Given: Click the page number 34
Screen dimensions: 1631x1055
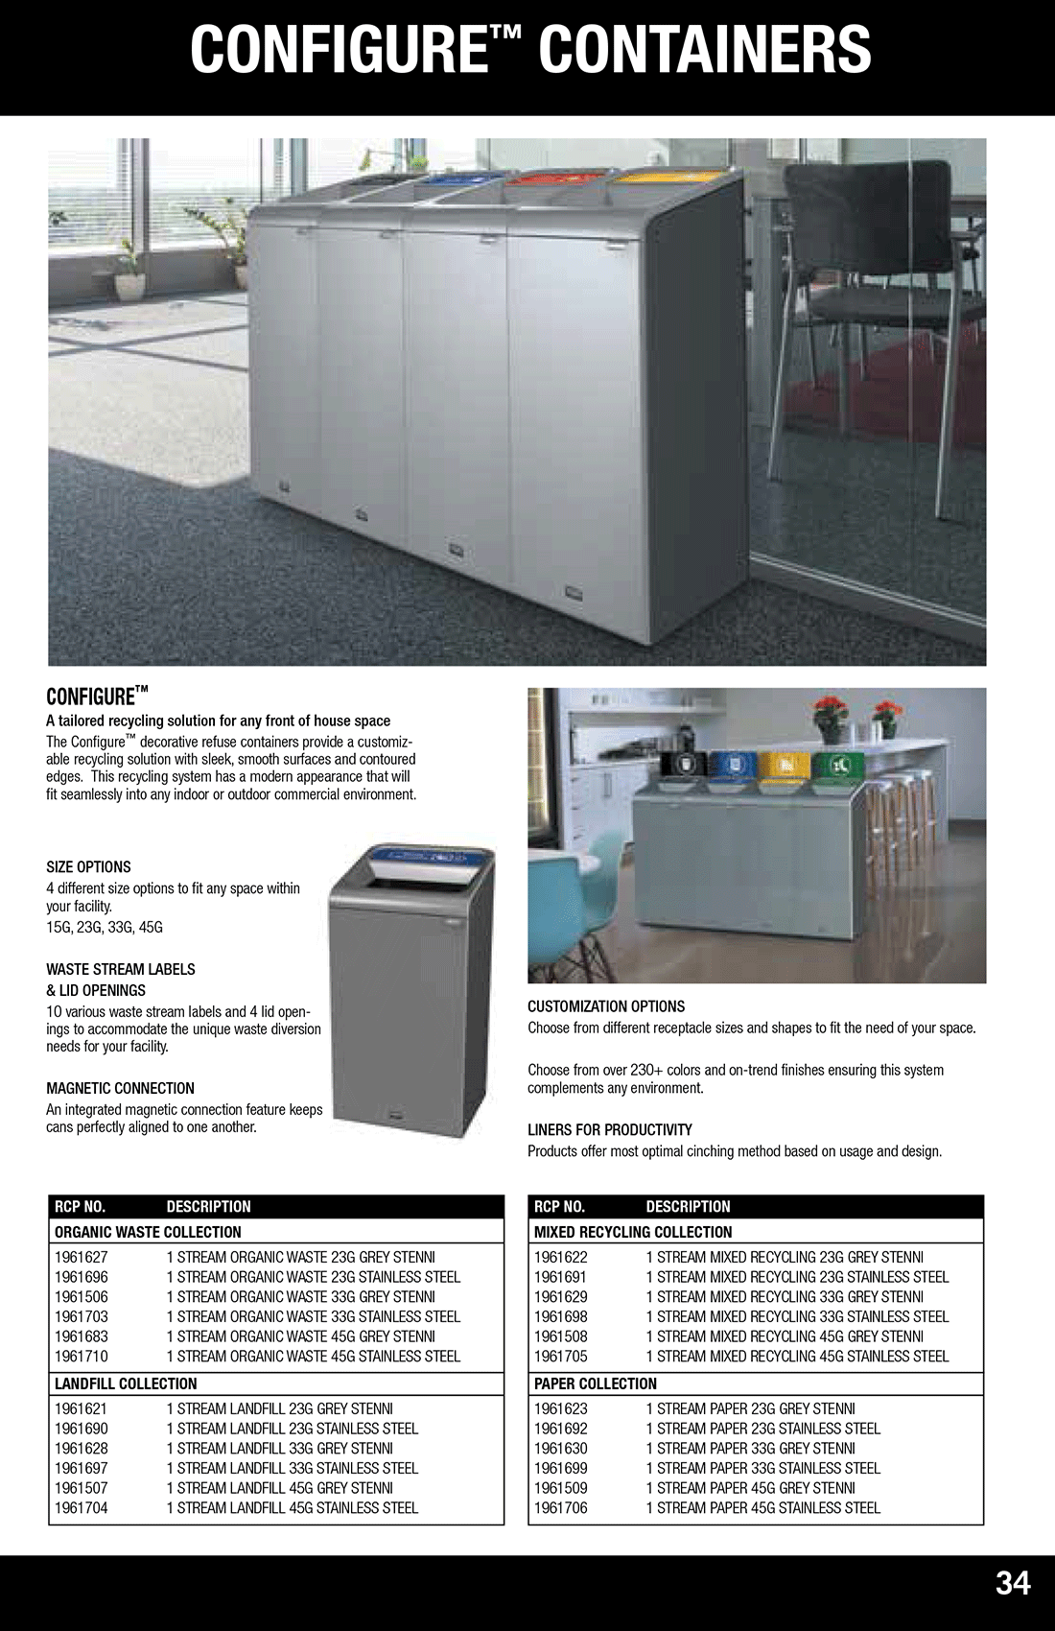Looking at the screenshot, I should tap(1012, 1582).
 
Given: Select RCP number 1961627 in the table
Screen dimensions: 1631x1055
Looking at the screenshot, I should tap(82, 1257).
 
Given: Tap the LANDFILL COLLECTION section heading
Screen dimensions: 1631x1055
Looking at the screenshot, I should tap(126, 1383).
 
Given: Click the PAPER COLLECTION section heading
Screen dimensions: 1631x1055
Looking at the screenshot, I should tap(595, 1383).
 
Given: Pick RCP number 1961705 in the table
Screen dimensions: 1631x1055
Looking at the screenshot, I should tap(561, 1356).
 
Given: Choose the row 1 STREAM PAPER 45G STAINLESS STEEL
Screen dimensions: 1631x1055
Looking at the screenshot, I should tap(762, 1507).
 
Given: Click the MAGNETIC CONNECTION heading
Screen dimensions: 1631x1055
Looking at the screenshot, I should tap(120, 1088).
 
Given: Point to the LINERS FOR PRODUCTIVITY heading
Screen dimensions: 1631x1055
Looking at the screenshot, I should tap(609, 1129).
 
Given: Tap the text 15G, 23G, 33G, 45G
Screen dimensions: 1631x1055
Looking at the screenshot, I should tap(105, 927).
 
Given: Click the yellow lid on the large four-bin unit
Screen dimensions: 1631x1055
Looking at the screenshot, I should tap(668, 176).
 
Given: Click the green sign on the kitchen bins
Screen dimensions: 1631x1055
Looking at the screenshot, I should tap(838, 766).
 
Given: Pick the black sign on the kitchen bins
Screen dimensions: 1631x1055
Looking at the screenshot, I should tap(683, 765).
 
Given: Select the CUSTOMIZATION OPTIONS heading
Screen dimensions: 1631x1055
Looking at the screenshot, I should tap(605, 1006).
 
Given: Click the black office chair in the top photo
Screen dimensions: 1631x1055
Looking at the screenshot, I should tap(868, 288).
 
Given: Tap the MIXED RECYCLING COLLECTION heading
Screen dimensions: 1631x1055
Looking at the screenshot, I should tap(632, 1232).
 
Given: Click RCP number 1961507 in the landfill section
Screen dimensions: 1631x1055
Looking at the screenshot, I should tap(82, 1487).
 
